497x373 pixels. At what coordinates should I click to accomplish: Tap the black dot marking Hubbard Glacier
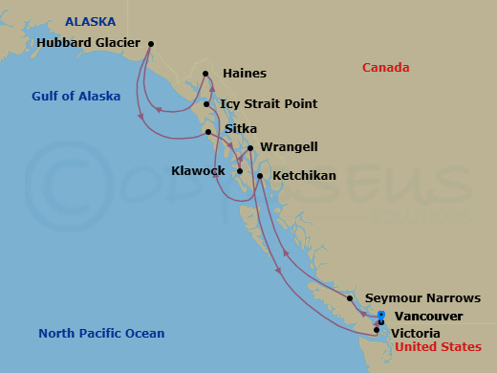click(152, 43)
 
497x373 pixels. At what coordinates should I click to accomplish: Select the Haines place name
click(245, 73)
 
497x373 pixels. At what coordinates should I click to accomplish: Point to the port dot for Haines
click(205, 73)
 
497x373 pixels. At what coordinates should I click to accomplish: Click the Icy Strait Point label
click(269, 103)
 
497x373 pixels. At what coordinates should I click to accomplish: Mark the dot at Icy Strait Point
click(206, 104)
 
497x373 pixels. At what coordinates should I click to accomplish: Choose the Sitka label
click(241, 128)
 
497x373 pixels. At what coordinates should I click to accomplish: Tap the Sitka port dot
click(208, 131)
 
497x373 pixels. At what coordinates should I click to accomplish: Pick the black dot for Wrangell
click(250, 148)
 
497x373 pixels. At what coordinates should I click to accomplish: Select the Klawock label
click(198, 171)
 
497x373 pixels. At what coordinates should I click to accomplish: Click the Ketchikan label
click(304, 177)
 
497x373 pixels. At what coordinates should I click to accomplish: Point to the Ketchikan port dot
click(260, 176)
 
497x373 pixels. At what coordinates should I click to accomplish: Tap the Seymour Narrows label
click(417, 298)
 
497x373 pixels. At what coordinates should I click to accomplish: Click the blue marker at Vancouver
click(380, 315)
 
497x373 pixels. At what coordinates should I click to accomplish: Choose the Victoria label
click(416, 333)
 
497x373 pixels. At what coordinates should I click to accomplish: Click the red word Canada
click(386, 68)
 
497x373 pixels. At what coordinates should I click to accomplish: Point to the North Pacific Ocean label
click(101, 333)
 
